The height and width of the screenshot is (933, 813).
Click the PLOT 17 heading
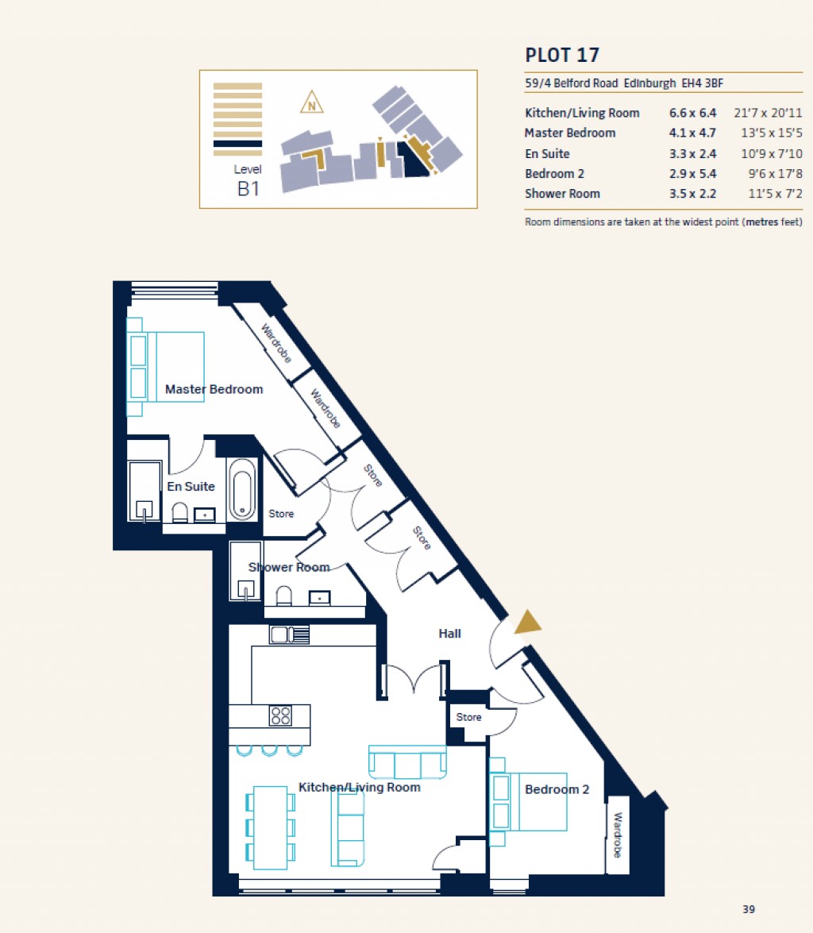(562, 55)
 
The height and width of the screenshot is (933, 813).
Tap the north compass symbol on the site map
(312, 102)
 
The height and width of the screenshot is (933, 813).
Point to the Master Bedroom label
(214, 389)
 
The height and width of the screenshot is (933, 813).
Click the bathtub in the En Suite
(241, 489)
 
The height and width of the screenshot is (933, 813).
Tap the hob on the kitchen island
(280, 715)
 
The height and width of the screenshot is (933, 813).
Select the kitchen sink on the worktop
(289, 634)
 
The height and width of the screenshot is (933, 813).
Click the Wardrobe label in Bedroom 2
(618, 835)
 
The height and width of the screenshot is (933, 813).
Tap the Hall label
(449, 634)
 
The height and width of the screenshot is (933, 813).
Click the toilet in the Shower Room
(283, 596)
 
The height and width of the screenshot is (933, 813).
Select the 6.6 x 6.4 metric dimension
(692, 113)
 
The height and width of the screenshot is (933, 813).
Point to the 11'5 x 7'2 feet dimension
(769, 193)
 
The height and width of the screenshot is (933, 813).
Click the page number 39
(749, 909)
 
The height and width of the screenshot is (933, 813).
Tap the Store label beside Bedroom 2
(468, 717)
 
